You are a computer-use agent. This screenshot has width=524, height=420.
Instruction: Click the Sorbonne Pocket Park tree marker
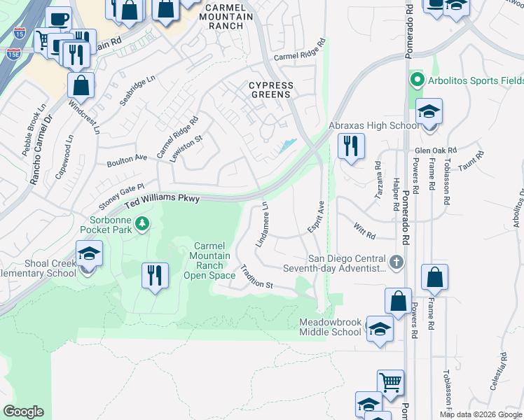point(142,223)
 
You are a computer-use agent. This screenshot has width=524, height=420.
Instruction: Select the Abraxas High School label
point(373,126)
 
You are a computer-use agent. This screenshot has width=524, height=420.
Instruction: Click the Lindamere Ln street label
point(263,225)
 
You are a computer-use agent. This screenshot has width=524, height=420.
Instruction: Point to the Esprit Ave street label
point(317,218)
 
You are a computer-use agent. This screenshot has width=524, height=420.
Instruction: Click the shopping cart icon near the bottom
point(390,382)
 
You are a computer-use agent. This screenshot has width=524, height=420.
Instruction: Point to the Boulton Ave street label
point(127,161)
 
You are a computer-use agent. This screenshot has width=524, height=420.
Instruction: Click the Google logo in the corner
point(24,412)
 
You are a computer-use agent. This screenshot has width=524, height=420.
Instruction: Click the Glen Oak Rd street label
point(435,150)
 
